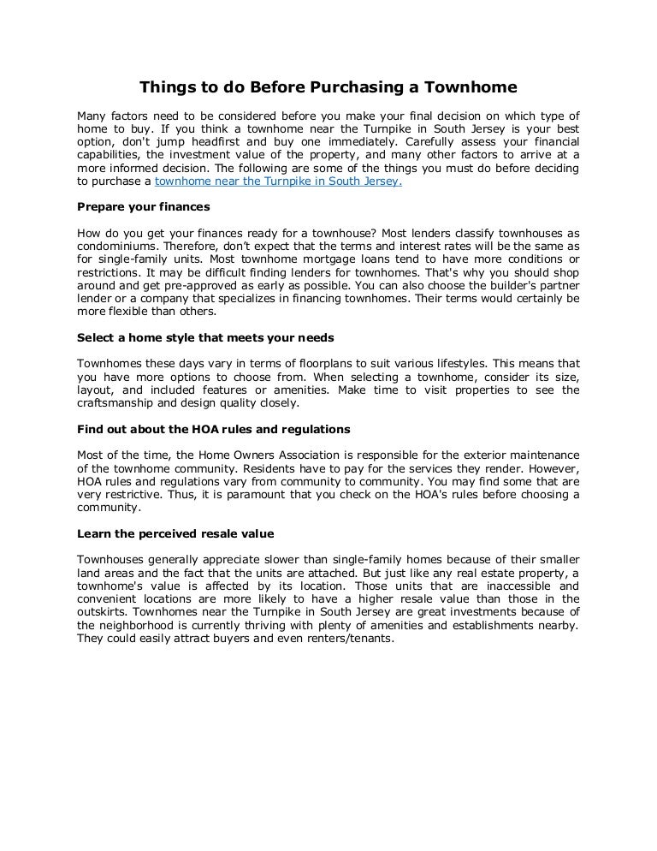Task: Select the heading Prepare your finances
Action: click(144, 206)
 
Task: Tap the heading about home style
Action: click(204, 338)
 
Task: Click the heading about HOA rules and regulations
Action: click(213, 428)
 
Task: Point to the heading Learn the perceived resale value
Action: click(175, 533)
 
